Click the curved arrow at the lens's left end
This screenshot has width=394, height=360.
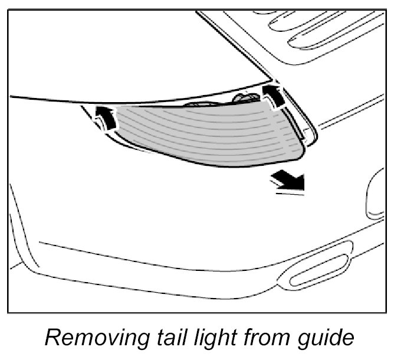(x=104, y=116)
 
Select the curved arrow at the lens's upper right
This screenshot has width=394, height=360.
(x=272, y=94)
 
